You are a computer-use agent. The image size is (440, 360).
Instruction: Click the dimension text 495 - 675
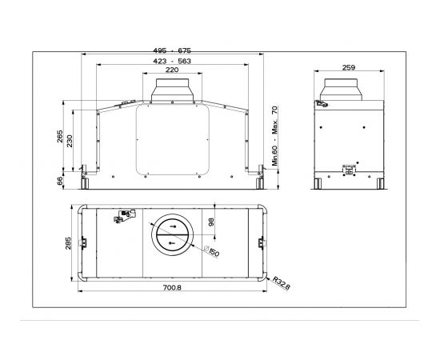[173, 50]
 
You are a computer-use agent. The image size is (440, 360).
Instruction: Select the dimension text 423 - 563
[173, 62]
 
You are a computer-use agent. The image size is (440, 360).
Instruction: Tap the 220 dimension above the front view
[172, 70]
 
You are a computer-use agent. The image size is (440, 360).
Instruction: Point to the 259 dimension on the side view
[348, 68]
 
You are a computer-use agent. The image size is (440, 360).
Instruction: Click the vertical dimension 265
[60, 137]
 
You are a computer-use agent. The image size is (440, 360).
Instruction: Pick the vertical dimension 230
[71, 140]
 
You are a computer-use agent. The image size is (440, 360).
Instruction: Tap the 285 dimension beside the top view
[69, 242]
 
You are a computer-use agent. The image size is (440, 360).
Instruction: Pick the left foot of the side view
[318, 183]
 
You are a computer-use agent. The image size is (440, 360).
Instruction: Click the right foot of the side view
[376, 183]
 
